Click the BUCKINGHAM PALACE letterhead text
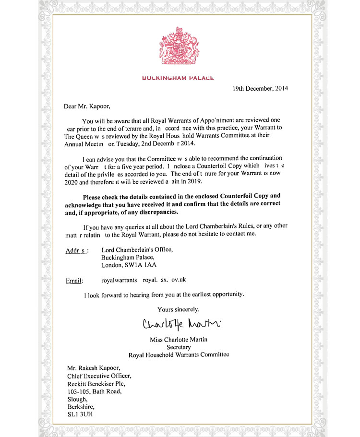click(178, 78)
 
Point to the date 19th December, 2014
click(260, 88)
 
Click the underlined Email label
click(74, 281)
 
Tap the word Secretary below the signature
click(179, 347)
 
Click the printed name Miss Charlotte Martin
click(179, 339)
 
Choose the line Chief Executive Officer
click(98, 376)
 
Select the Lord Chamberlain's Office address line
click(137, 249)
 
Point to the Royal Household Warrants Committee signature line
click(179, 355)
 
